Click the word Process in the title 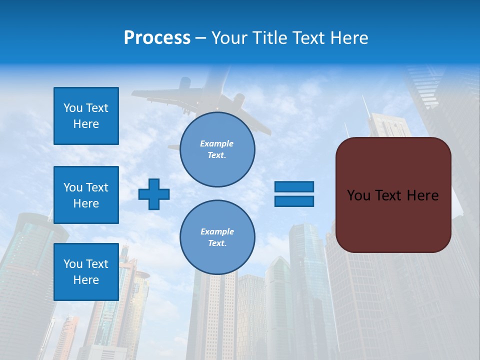pyautogui.click(x=157, y=38)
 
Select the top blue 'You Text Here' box pyautogui.click(x=86, y=116)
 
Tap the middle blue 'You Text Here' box pyautogui.click(x=86, y=195)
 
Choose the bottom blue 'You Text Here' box pyautogui.click(x=86, y=272)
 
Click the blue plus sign pyautogui.click(x=154, y=194)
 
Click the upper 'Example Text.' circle pyautogui.click(x=217, y=149)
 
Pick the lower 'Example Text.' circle pyautogui.click(x=217, y=237)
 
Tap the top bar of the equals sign pyautogui.click(x=294, y=187)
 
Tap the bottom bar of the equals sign pyautogui.click(x=294, y=201)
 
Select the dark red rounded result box pyautogui.click(x=393, y=220)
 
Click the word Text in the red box pyautogui.click(x=391, y=195)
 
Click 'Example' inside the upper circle pyautogui.click(x=217, y=143)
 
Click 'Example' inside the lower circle pyautogui.click(x=217, y=231)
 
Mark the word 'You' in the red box pyautogui.click(x=358, y=195)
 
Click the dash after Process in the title pyautogui.click(x=200, y=38)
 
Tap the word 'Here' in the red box pyautogui.click(x=422, y=195)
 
